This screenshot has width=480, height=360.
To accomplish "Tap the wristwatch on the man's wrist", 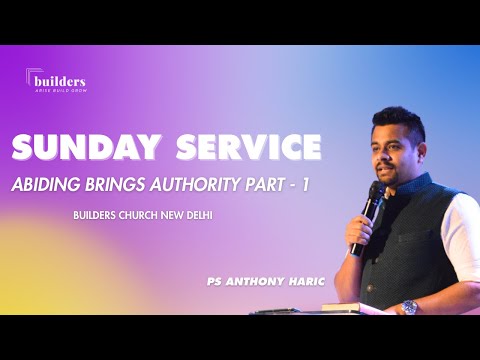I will (408, 306).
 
